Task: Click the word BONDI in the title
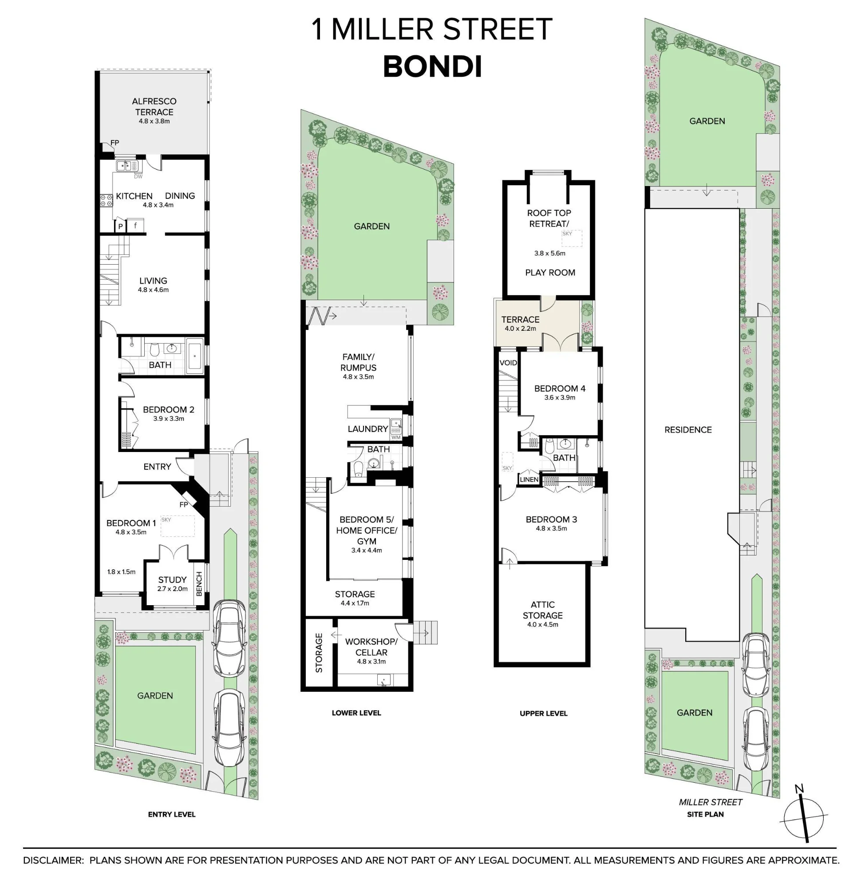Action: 432,67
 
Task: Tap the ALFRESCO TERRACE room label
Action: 154,107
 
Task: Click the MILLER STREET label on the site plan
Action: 711,802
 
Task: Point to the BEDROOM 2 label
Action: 169,409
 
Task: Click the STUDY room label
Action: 172,580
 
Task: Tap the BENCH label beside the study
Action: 198,584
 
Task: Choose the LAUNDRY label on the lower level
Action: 368,429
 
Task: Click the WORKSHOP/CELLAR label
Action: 371,646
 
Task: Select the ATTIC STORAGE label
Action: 542,610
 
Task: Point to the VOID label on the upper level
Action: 508,363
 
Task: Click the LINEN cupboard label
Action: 529,480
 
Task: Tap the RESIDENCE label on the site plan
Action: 688,429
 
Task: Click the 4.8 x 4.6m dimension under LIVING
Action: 153,289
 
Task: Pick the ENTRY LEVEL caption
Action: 172,814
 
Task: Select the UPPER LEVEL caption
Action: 543,714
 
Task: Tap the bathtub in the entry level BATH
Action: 195,356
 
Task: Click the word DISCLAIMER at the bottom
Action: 54,860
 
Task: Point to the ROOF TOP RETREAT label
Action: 549,218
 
